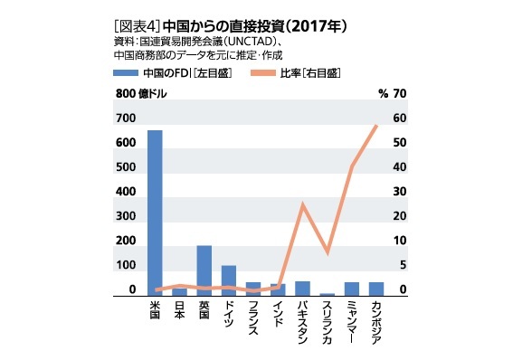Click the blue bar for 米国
tap(155, 213)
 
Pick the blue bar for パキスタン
tap(302, 289)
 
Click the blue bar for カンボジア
tap(375, 289)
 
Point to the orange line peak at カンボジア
tap(375, 125)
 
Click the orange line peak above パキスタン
tap(303, 204)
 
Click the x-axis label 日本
tap(179, 311)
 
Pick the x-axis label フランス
tap(252, 320)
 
